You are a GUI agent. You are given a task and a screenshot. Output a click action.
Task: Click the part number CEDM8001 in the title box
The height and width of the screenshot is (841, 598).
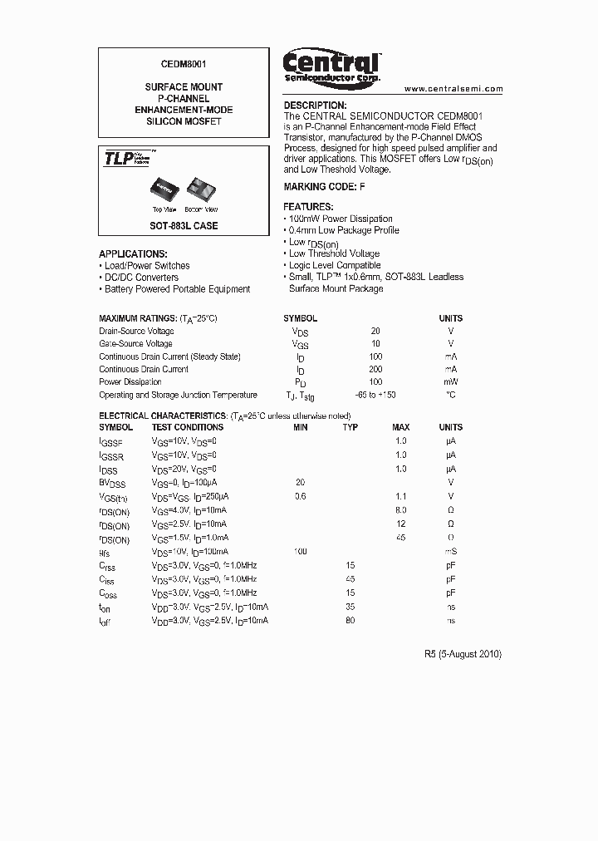(x=184, y=63)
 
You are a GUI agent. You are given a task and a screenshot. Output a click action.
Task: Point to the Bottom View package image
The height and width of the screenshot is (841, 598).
(x=200, y=189)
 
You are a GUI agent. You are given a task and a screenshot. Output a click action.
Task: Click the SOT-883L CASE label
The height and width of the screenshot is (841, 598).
(x=184, y=226)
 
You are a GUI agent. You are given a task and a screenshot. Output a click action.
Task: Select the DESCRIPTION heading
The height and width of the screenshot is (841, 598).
(x=315, y=106)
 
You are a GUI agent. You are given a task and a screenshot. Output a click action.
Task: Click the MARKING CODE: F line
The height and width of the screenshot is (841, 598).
(x=325, y=187)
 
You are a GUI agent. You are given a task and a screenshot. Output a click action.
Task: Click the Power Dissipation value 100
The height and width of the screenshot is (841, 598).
(x=375, y=382)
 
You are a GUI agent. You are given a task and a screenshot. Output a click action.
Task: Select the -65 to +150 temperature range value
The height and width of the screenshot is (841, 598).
(x=375, y=396)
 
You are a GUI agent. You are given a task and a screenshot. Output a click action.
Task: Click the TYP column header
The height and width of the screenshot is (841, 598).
(x=350, y=427)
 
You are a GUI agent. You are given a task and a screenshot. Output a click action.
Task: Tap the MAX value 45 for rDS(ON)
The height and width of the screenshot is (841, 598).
(x=401, y=537)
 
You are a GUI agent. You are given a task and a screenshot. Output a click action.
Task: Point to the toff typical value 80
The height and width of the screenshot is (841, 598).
(x=350, y=620)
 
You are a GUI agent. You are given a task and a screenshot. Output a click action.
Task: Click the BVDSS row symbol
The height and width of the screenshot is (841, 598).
(x=112, y=482)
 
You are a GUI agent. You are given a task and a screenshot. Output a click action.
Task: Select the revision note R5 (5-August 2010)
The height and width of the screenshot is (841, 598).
(x=463, y=654)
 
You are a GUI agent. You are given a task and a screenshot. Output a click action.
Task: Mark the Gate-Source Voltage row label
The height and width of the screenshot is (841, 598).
(x=135, y=343)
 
